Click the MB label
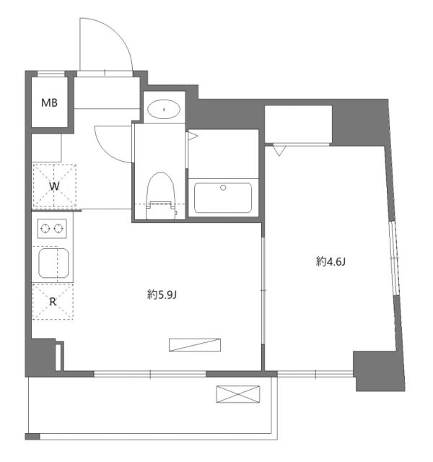click(49, 103)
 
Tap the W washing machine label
click(54, 186)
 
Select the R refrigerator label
click(53, 302)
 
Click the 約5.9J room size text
click(162, 295)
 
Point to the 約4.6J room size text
click(331, 261)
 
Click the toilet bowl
click(161, 188)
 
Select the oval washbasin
click(164, 109)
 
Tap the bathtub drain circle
click(223, 188)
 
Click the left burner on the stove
click(45, 228)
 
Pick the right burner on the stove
click(58, 228)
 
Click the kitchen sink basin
click(53, 263)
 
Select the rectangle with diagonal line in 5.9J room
click(195, 345)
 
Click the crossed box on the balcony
click(238, 394)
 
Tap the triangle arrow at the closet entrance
click(279, 151)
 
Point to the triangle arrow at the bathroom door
click(193, 136)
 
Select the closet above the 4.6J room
click(298, 124)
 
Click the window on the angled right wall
click(394, 258)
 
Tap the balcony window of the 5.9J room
click(149, 374)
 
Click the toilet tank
click(161, 210)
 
